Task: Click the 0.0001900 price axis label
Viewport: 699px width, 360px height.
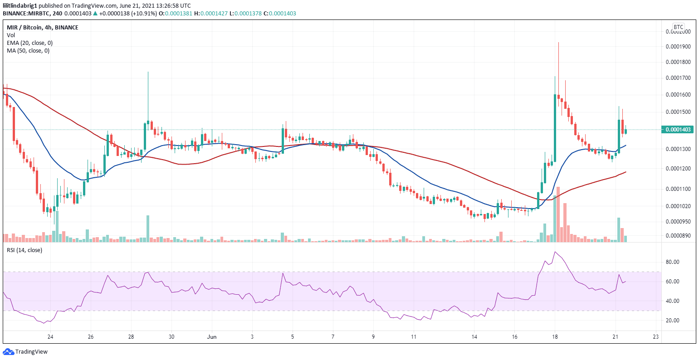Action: coord(678,47)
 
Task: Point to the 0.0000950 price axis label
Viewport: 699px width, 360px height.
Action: coord(678,222)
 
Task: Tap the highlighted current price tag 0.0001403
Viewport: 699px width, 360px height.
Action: coord(678,130)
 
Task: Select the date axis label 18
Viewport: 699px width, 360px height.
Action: coord(555,337)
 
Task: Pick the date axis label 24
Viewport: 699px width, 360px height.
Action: coord(50,337)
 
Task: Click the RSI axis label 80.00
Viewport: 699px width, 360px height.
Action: coord(673,262)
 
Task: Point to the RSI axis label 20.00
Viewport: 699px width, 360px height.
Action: coord(673,321)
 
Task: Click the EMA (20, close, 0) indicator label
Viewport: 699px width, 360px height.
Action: coord(29,43)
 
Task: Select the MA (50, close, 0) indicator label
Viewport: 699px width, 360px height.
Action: coord(28,50)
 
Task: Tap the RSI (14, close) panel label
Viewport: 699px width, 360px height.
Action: coord(24,250)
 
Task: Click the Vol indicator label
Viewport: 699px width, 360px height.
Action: coord(10,35)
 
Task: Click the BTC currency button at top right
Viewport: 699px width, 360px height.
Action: coord(678,27)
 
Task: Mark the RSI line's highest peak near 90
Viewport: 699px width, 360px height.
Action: coord(555,252)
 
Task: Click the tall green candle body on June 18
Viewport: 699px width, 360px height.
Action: coord(555,127)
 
